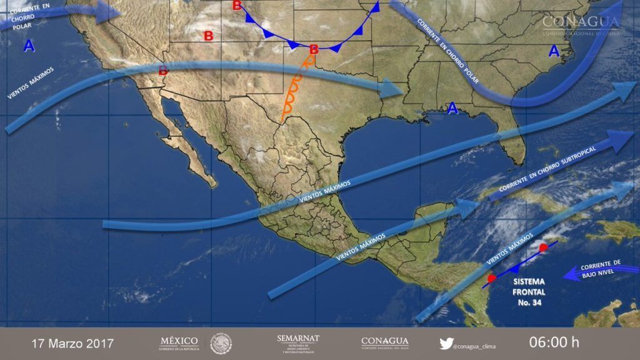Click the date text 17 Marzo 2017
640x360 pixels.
72,343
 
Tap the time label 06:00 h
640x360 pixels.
554,342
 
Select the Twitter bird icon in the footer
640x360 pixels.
446,343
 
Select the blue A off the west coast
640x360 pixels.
29,45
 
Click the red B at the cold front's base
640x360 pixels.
314,49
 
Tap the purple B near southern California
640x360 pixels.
163,71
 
